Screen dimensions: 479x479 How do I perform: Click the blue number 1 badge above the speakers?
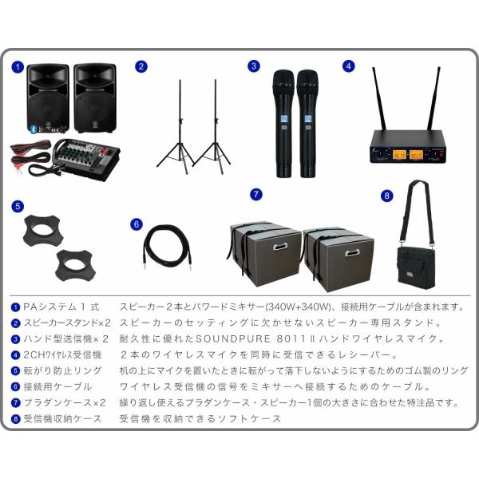[18, 67]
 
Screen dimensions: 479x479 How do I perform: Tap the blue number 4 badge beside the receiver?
[349, 66]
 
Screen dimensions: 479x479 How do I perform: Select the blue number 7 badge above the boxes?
[256, 194]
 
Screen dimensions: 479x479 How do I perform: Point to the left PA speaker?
[48, 97]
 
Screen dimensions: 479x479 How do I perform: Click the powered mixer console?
[86, 158]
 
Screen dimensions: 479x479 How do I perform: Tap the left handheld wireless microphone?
[283, 124]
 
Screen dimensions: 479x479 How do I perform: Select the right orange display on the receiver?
[416, 155]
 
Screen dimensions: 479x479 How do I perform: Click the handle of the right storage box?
[352, 253]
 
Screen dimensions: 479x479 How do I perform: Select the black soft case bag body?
[416, 268]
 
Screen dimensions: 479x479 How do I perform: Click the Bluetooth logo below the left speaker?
[34, 129]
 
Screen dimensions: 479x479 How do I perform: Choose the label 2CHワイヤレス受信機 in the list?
[62, 354]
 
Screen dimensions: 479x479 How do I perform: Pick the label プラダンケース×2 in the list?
[65, 402]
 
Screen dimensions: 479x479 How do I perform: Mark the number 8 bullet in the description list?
[15, 418]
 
